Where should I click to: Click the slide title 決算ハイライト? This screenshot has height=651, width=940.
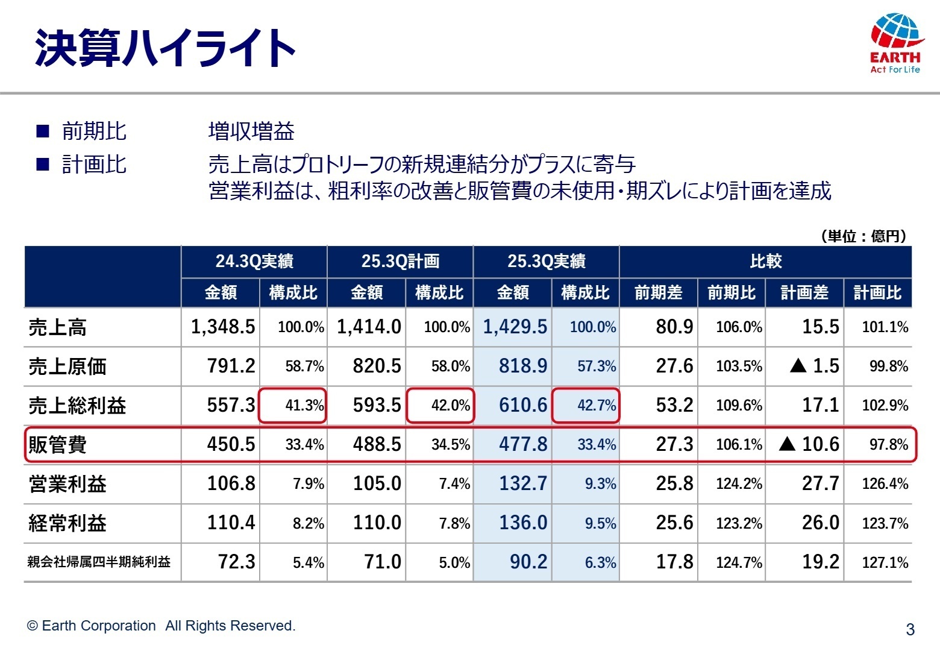164,48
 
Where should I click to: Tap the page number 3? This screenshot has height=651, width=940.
910,629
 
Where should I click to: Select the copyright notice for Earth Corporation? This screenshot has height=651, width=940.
161,626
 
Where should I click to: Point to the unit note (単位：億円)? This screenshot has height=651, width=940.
863,236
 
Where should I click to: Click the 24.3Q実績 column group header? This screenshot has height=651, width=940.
254,261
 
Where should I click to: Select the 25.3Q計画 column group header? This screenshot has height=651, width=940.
400,261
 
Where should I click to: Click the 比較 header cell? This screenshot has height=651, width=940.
765,261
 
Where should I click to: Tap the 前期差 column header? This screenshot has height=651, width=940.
658,293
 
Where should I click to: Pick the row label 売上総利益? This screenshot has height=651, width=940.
77,406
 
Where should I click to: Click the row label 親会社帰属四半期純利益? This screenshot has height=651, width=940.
99,562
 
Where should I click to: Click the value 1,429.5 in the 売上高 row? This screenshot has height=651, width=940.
515,327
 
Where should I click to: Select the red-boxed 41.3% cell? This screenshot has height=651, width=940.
293,405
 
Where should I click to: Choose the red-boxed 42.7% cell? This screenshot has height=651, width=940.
586,405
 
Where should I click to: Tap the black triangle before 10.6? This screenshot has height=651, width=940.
787,444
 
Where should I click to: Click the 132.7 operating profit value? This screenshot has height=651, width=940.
522,483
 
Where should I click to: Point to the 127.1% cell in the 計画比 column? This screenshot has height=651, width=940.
885,562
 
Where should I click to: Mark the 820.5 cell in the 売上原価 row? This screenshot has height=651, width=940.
377,366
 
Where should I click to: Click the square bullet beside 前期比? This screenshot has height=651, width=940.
43,131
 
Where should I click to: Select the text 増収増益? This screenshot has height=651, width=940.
251,131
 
